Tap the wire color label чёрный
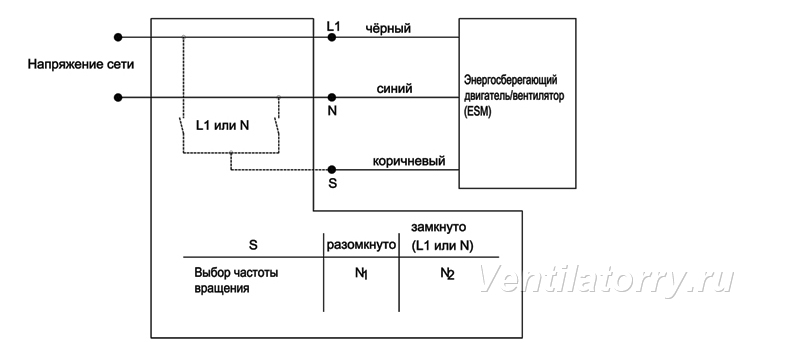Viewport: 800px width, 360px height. click(x=388, y=29)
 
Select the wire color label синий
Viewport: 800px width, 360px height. click(x=394, y=89)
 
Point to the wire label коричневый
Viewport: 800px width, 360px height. click(x=409, y=161)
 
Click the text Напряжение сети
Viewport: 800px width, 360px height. click(x=81, y=65)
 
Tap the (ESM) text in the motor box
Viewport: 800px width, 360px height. click(x=478, y=113)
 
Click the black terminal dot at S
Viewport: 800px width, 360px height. click(x=332, y=169)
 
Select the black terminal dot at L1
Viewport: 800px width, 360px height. click(x=332, y=37)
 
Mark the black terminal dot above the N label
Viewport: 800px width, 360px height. click(x=332, y=97)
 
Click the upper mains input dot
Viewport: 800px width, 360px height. click(x=118, y=37)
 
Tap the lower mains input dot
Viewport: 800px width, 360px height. click(x=118, y=97)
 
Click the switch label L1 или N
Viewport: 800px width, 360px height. click(x=223, y=125)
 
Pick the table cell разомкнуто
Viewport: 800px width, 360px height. click(x=361, y=245)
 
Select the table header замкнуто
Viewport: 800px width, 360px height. click(x=438, y=227)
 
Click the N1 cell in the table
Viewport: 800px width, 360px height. click(x=362, y=273)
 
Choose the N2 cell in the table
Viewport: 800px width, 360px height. click(x=447, y=273)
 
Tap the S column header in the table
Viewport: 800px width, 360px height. click(x=253, y=245)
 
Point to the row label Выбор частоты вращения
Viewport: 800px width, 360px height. click(x=236, y=280)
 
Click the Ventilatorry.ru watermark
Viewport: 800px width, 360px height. click(x=606, y=279)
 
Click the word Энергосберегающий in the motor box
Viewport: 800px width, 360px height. click(x=510, y=80)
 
